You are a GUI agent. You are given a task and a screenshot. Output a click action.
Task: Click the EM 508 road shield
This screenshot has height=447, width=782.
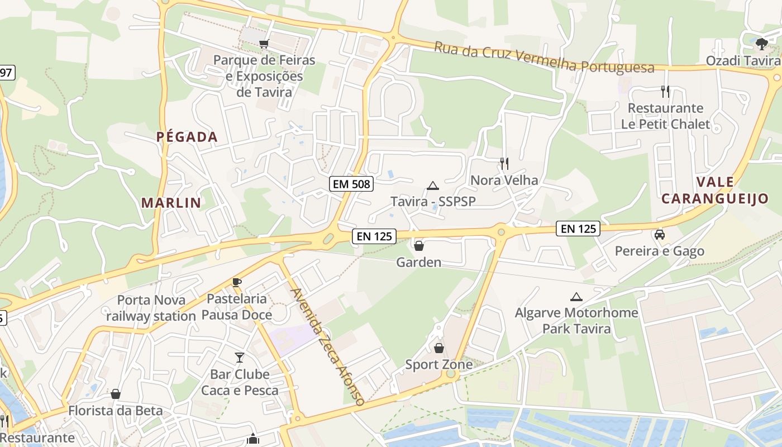[x=351, y=184]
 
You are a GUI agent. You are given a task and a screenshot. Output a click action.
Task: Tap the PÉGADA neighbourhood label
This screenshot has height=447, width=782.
[x=187, y=136]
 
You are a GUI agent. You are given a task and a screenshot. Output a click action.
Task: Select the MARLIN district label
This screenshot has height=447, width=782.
[x=171, y=202]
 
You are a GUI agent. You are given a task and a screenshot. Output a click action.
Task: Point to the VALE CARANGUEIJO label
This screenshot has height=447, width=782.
[x=715, y=190]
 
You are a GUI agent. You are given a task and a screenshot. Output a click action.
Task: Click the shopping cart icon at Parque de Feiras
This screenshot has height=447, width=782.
[x=264, y=44]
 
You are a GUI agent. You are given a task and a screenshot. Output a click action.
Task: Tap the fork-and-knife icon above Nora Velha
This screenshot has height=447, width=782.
[x=504, y=163]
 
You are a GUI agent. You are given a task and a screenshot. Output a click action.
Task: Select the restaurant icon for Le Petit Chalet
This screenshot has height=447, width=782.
[x=665, y=91]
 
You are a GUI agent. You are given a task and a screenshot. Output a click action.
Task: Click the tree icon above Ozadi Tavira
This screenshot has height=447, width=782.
[x=761, y=44]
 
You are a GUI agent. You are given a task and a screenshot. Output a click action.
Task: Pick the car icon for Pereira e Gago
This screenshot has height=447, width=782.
[x=660, y=235]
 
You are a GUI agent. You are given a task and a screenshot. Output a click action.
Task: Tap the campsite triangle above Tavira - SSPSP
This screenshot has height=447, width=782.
[x=432, y=186]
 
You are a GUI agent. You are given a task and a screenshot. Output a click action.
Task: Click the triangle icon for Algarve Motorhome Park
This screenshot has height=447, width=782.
[x=576, y=297]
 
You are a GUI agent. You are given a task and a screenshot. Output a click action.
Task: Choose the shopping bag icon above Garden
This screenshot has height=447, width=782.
[x=418, y=245]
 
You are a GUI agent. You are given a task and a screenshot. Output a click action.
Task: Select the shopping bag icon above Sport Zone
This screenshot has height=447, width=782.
[x=439, y=348]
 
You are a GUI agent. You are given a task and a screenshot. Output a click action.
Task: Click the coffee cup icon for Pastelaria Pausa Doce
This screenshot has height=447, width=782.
[x=237, y=282]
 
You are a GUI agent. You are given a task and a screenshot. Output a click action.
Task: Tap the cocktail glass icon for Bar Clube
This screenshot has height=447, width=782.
[x=240, y=357]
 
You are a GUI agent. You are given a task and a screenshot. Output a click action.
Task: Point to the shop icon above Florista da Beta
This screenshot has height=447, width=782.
[x=116, y=394]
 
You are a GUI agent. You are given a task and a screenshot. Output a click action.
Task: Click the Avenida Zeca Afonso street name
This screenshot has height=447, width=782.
[x=328, y=347]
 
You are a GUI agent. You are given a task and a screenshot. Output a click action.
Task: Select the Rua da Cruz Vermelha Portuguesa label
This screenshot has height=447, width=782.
[x=544, y=57]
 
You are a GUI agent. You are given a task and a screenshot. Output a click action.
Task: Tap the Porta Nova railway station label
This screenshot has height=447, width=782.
[x=151, y=308]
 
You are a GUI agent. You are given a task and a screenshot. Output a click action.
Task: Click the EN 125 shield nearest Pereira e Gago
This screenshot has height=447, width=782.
[x=578, y=228]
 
